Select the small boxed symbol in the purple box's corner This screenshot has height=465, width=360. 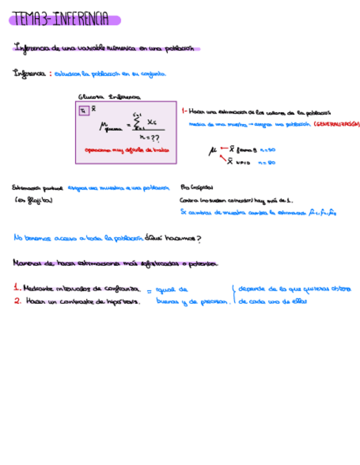click(83, 110)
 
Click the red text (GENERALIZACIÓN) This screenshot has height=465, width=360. click(336, 124)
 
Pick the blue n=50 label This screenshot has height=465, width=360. click(267, 149)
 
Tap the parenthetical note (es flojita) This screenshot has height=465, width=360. click(33, 200)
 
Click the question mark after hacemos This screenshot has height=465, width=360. click(199, 239)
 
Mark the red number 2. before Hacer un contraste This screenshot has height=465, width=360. click(17, 301)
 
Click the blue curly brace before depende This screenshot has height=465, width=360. click(234, 294)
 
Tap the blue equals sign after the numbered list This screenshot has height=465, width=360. click(149, 292)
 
